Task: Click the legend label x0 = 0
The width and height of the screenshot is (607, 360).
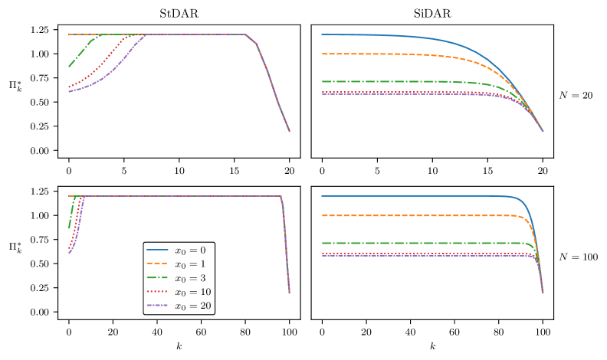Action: [189, 250]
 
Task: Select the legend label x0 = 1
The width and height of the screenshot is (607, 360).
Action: [189, 264]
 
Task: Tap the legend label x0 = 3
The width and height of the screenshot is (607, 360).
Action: [189, 278]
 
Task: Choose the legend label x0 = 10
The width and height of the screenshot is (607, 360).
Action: [192, 292]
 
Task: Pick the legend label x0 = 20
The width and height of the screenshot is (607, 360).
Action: [192, 306]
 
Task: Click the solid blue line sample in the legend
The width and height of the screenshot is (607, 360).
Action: [158, 250]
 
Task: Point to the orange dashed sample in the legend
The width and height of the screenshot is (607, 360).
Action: [158, 264]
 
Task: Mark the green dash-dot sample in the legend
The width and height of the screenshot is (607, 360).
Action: [158, 278]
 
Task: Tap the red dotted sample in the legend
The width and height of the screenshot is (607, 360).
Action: [158, 292]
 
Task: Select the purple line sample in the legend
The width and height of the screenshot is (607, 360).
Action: [158, 306]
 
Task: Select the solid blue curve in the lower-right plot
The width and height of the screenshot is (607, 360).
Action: [422, 196]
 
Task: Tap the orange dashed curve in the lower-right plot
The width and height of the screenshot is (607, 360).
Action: [422, 216]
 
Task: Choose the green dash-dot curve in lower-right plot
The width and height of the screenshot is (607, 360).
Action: [422, 243]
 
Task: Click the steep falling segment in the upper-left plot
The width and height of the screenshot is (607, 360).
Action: [272, 84]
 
